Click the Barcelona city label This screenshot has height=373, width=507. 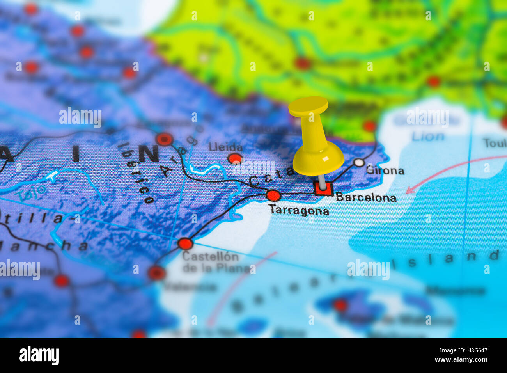click(x=366, y=197)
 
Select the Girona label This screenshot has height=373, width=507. click(x=385, y=171)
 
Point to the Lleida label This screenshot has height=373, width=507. click(x=226, y=147)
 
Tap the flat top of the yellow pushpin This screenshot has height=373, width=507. click(x=308, y=105)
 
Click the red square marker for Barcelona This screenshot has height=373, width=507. click(x=323, y=189)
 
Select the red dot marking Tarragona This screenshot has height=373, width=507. click(x=273, y=195)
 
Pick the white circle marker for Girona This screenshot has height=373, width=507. click(x=359, y=162)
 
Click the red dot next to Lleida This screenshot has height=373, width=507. click(x=235, y=158)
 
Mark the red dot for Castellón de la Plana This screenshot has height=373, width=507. click(x=185, y=244)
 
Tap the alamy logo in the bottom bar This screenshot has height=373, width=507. click(x=39, y=355)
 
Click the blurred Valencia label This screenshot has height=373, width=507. click(x=190, y=287)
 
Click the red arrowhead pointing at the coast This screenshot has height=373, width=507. click(x=409, y=190)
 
